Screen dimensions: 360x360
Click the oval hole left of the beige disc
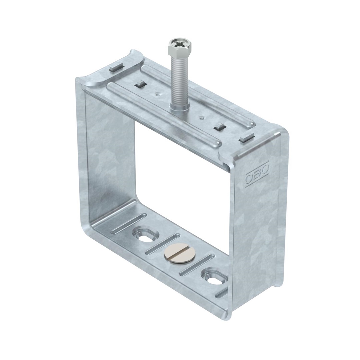click(x=146, y=235)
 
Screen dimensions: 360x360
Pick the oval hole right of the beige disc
click(x=214, y=277)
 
